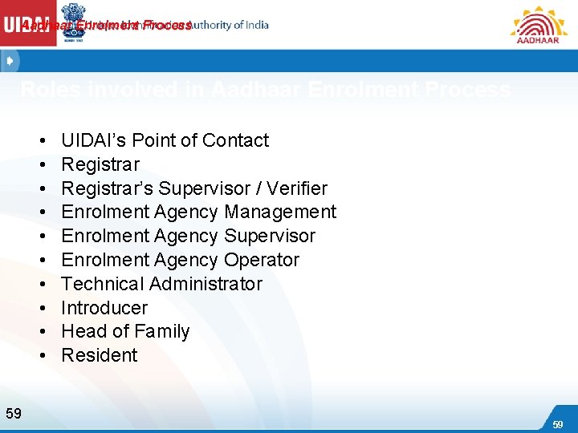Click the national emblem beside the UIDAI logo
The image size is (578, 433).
point(75,21)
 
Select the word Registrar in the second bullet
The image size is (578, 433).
point(100,164)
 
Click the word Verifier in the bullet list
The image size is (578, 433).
point(296,188)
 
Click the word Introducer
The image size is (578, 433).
point(104,308)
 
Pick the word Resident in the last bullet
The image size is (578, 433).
point(100,355)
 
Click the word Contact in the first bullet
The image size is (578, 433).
point(235,140)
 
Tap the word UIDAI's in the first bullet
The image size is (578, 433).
point(93,140)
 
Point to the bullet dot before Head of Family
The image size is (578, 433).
point(41,332)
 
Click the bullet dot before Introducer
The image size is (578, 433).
point(41,308)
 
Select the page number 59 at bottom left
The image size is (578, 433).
point(14,414)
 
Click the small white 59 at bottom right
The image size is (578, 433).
point(557,423)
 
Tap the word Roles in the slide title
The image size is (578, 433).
point(46,90)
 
